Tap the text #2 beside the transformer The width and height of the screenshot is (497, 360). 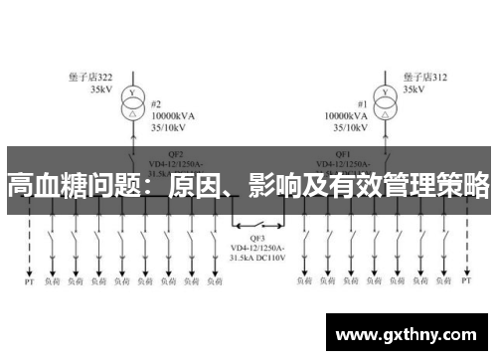tap(156, 103)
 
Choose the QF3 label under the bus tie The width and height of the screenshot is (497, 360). tap(257, 238)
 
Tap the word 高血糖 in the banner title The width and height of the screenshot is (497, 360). tap(40, 185)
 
